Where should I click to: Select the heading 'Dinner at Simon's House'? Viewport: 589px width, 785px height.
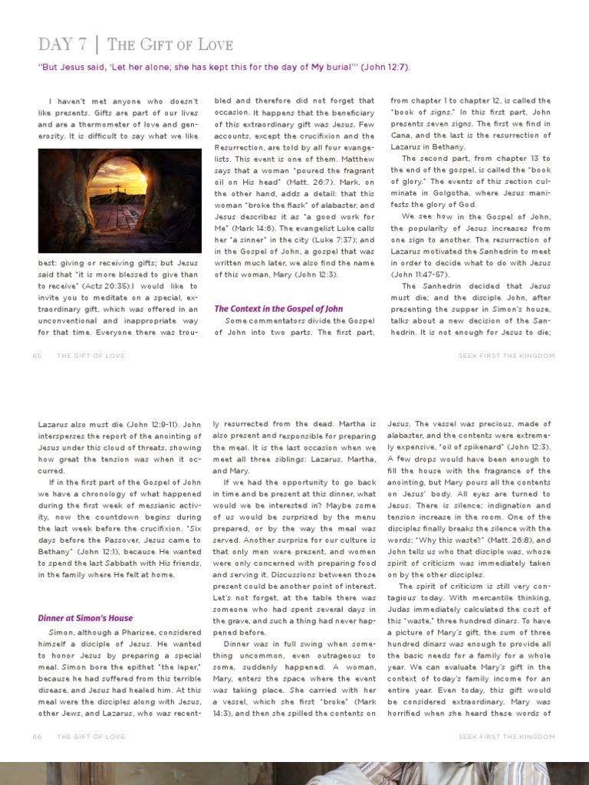(85, 618)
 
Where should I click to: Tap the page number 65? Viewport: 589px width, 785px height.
(38, 356)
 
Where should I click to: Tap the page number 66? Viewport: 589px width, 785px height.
(38, 737)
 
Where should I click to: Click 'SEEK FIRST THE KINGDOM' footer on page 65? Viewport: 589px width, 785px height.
(506, 356)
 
